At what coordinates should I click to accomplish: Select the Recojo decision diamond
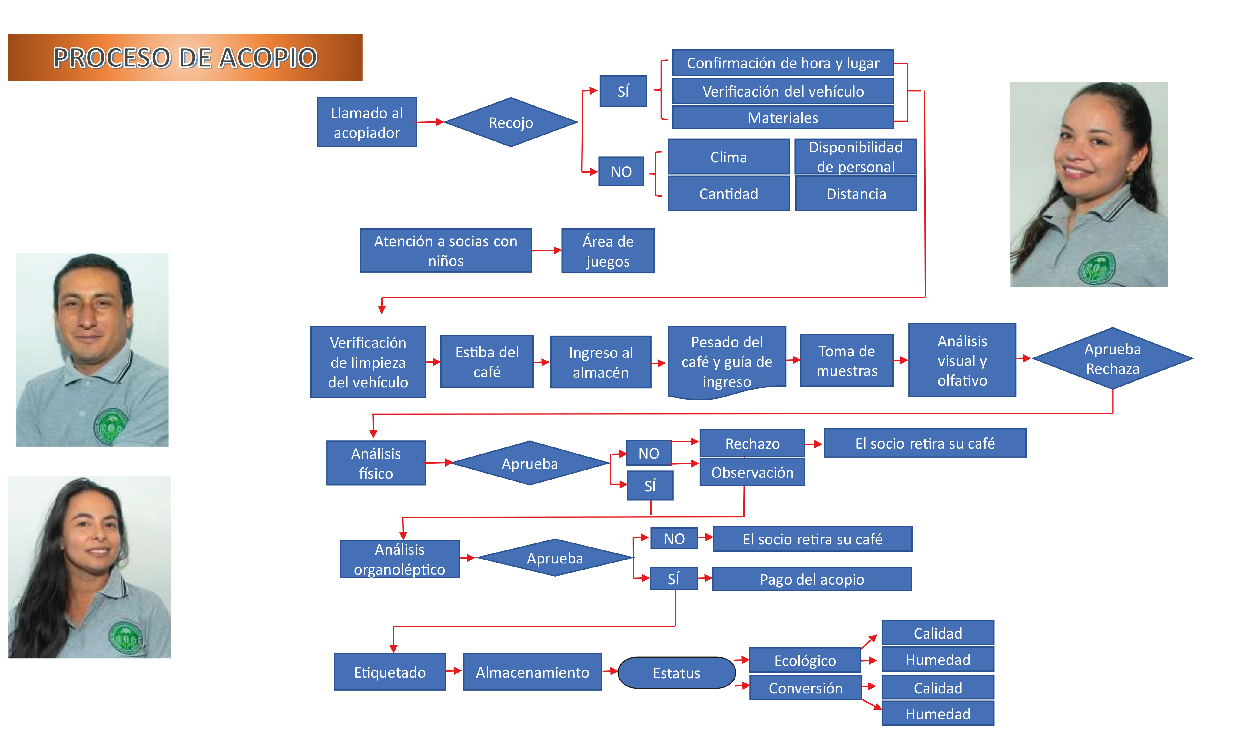511,122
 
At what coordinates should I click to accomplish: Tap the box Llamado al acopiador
367,122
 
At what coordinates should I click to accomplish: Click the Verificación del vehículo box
782,91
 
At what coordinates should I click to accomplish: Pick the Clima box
728,157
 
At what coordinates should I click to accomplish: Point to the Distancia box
856,194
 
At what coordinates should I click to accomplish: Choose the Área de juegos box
608,251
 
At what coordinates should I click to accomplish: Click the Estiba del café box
487,361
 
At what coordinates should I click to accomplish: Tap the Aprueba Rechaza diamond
1112,358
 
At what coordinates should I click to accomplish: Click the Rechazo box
752,444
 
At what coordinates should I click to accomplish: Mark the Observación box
752,472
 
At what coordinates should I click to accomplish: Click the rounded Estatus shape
676,673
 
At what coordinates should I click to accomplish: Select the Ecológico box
805,660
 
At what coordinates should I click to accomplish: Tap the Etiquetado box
389,672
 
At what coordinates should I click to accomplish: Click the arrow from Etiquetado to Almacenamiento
454,671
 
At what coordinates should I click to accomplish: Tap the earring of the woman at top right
1129,176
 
